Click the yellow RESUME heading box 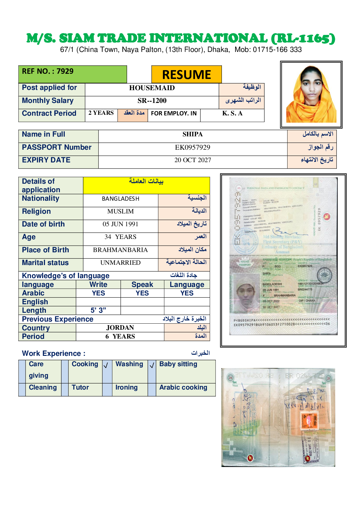click(186, 74)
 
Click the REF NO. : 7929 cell click(48, 71)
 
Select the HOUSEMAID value click(152, 88)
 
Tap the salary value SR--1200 click(152, 101)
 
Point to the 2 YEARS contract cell click(101, 113)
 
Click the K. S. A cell click(232, 114)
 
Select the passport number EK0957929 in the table click(192, 148)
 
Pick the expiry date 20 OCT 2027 click(192, 160)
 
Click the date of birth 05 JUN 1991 click(120, 224)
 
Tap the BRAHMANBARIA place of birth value click(120, 250)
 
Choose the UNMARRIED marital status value click(120, 263)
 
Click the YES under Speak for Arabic click(142, 293)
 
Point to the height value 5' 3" click(98, 310)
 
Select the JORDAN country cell click(120, 328)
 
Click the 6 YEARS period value click(120, 336)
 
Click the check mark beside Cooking click(106, 366)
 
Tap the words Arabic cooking click(183, 388)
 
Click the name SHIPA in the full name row click(192, 135)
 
